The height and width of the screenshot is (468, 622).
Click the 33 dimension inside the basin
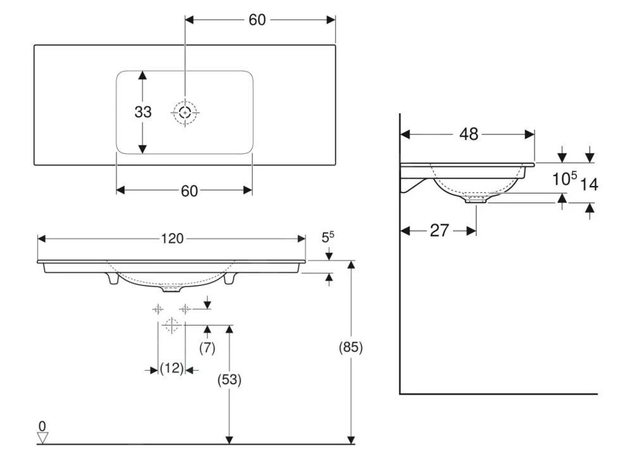click(143, 112)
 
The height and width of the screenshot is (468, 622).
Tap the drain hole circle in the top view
click(185, 113)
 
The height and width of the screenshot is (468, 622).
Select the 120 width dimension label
click(172, 238)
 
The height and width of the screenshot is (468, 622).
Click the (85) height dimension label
click(351, 347)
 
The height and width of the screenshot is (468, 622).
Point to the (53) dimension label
click(229, 380)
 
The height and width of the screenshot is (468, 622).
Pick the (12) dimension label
click(171, 369)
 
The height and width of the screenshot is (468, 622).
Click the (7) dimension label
click(207, 348)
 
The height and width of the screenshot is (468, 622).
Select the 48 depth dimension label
click(469, 134)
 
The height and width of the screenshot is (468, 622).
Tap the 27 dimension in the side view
click(440, 230)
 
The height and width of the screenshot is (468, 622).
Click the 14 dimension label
click(589, 185)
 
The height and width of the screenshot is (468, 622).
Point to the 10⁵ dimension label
click(565, 178)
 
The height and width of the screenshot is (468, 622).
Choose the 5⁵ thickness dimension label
click(328, 237)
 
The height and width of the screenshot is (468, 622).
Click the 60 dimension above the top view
click(257, 20)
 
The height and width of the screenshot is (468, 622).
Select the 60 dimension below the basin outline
click(189, 191)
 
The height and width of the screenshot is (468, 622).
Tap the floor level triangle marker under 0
click(42, 438)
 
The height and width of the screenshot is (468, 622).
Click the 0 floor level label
click(42, 426)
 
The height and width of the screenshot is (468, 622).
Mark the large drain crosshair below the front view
click(171, 325)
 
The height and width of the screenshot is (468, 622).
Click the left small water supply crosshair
click(158, 309)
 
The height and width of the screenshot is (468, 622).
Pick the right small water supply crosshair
click(185, 309)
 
